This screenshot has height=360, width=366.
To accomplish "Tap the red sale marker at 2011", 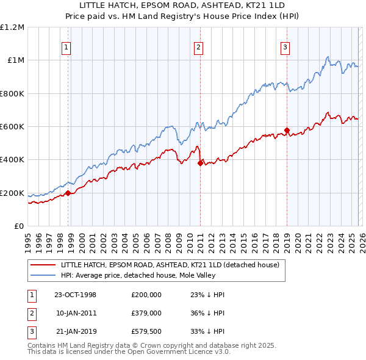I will [x=200, y=163].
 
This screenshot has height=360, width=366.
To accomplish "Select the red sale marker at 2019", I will [x=287, y=130].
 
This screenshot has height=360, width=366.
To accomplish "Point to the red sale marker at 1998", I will [x=68, y=193].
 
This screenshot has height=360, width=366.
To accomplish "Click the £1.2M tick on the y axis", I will [x=12, y=27].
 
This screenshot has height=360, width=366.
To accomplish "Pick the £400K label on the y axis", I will [x=12, y=160].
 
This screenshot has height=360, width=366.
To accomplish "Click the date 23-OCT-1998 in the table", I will [x=75, y=294].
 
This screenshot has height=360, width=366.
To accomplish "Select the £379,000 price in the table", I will [x=146, y=313].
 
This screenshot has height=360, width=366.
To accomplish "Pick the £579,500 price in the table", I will [x=146, y=332].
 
